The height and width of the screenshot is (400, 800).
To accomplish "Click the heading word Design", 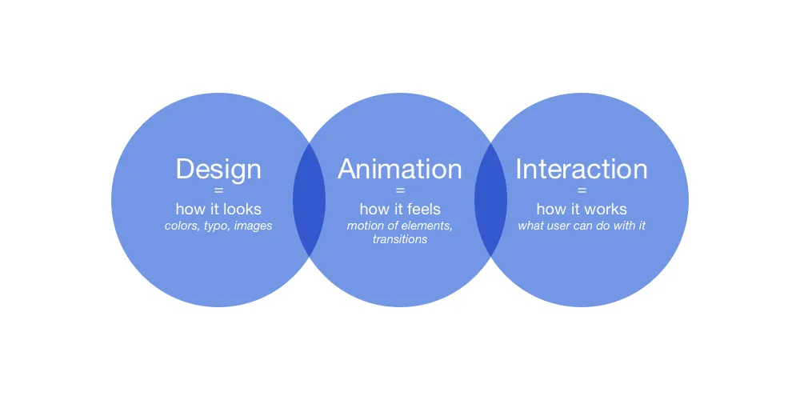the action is coord(218,170).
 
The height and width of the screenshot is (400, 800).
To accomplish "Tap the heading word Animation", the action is coord(399,168).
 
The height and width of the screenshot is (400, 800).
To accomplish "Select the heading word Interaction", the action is coord(581,168).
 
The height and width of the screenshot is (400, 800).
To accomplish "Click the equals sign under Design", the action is coord(218,191).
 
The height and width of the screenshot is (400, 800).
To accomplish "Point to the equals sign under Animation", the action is coord(400,191).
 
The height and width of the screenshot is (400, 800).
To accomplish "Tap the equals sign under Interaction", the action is coord(582,191).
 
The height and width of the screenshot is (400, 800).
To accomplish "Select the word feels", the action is coord(422,209).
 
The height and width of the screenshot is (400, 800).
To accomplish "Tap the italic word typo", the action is coord(214,226).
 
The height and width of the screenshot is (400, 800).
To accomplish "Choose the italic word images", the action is coord(253,226).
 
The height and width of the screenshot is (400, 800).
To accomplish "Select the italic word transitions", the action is coord(400,239).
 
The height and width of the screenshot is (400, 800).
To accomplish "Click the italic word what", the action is coord(530,226).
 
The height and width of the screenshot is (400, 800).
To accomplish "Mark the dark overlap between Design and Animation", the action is coord(309,199).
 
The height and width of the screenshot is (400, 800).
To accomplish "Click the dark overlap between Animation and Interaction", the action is coord(491,199).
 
